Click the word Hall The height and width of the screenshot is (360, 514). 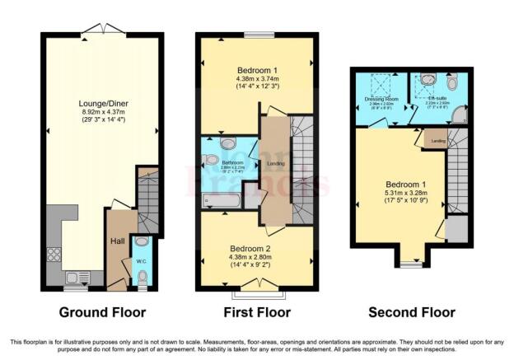coord(119,243)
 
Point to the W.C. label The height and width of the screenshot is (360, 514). coord(142,261)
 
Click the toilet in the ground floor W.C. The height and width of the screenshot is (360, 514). coord(143,280)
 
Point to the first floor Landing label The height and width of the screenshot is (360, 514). coord(275,162)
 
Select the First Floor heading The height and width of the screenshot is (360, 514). coord(256,313)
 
